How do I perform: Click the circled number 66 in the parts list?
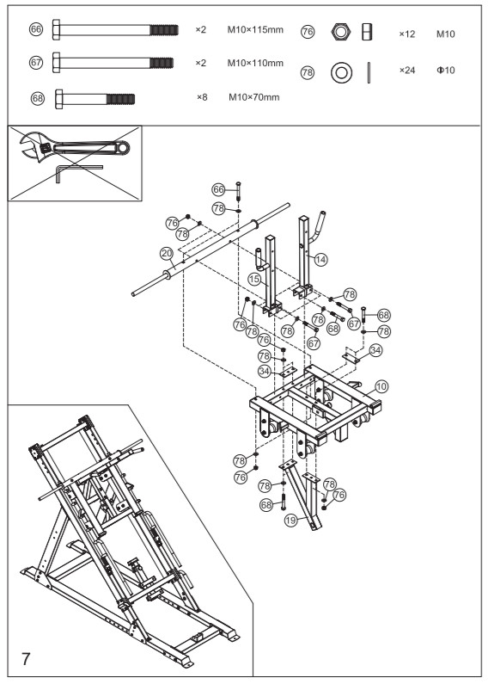(x=36, y=30)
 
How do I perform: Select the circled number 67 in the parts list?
(x=36, y=63)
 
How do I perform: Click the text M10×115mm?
(x=255, y=30)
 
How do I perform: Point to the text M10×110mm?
(x=255, y=63)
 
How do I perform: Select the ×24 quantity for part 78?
(x=407, y=71)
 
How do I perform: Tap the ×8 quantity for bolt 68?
(x=202, y=97)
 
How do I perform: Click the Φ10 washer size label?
(x=445, y=71)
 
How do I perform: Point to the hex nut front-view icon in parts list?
(x=341, y=33)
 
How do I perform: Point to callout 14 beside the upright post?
(x=320, y=258)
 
